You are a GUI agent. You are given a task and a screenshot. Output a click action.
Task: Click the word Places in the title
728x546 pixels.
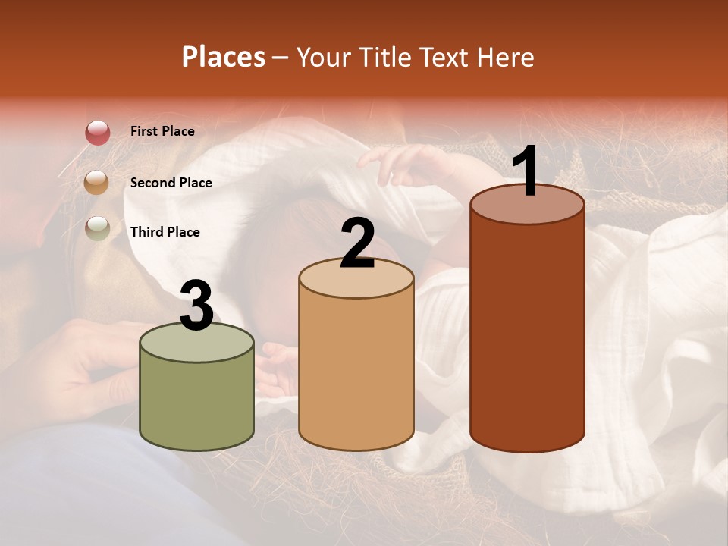tap(224, 57)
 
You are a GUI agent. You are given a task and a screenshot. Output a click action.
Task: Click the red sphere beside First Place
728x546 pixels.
tap(97, 133)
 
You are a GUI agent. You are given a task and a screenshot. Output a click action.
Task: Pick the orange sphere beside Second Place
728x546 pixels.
tap(97, 182)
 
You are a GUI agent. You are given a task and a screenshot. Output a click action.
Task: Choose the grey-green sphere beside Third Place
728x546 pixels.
tap(97, 229)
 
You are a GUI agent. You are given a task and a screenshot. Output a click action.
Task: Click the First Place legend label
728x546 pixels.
tap(162, 131)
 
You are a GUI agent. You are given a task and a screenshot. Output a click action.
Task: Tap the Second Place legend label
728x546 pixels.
tap(171, 183)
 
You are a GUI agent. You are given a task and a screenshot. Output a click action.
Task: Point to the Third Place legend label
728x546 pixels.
tap(165, 232)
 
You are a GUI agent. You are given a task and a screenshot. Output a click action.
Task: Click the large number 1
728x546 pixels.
tap(526, 172)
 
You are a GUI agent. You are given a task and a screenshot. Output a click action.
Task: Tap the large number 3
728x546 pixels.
tap(196, 306)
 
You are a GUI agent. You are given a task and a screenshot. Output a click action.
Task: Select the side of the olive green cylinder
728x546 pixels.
tap(197, 402)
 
